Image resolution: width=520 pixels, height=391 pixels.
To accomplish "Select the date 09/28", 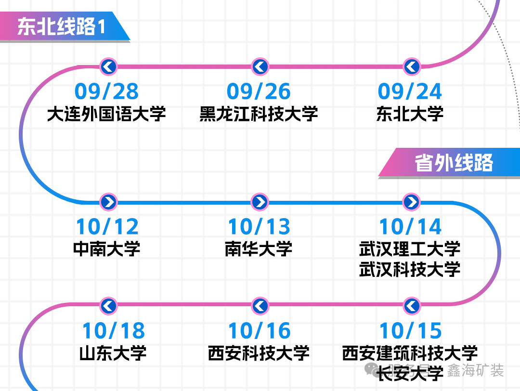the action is pyautogui.click(x=106, y=91).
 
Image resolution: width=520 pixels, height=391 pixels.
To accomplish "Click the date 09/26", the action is pyautogui.click(x=259, y=91).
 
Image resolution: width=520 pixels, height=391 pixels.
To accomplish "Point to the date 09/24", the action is pyautogui.click(x=410, y=91).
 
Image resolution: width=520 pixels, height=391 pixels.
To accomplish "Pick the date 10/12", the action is pyautogui.click(x=107, y=227).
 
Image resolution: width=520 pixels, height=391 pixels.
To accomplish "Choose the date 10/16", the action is pyautogui.click(x=260, y=331).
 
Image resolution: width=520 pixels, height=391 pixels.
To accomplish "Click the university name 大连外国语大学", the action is pyautogui.click(x=106, y=114).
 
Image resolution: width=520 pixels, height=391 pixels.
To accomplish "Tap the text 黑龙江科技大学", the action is pyautogui.click(x=259, y=114).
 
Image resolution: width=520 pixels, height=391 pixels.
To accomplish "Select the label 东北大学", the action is pyautogui.click(x=410, y=114).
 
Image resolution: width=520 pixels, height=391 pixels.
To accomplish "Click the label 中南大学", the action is pyautogui.click(x=107, y=249).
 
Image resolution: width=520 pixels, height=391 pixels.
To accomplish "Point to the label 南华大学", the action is pyautogui.click(x=259, y=249).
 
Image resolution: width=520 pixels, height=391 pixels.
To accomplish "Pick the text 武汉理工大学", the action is pyautogui.click(x=410, y=249).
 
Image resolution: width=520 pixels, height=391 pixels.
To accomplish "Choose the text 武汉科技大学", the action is pyautogui.click(x=410, y=269).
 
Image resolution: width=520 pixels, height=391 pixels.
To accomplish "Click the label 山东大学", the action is pyautogui.click(x=113, y=353).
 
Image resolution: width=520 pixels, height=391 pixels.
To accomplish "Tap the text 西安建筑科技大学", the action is pyautogui.click(x=410, y=353).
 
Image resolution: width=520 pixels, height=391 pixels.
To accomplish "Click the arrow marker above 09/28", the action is pyautogui.click(x=108, y=66).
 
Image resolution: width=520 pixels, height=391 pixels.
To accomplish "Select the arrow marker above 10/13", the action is pyautogui.click(x=260, y=202).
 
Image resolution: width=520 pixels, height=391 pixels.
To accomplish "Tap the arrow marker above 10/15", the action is pyautogui.click(x=412, y=306).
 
